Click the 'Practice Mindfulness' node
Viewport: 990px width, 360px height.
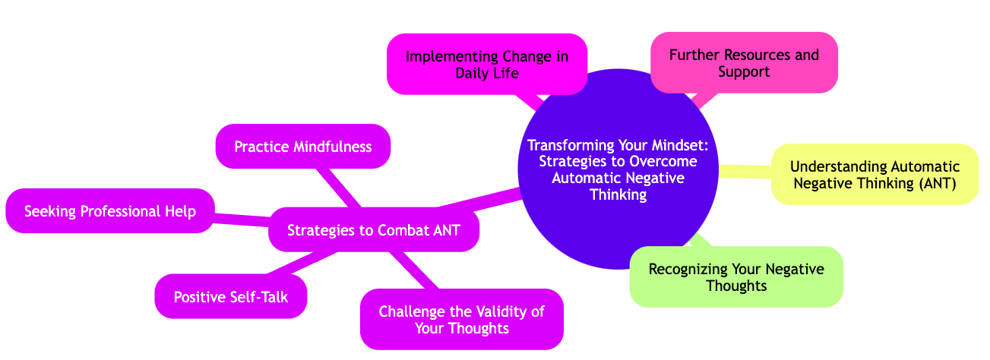click(303, 146)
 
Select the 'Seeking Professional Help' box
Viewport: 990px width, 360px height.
click(110, 210)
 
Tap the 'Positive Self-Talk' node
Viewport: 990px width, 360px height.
click(230, 297)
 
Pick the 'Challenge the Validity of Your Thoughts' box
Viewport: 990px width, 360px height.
click(461, 319)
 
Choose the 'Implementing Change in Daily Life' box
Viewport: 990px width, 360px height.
click(486, 65)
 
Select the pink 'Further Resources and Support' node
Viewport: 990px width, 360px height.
click(744, 63)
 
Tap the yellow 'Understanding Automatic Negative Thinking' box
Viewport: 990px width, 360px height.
click(875, 175)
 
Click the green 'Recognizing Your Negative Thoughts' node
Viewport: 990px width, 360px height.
click(736, 276)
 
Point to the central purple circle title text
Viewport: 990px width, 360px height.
click(618, 169)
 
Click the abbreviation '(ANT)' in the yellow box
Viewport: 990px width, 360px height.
click(934, 183)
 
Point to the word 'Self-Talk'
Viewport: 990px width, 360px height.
click(258, 297)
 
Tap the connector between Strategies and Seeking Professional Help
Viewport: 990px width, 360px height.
click(242, 219)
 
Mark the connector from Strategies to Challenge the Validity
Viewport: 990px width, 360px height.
click(416, 270)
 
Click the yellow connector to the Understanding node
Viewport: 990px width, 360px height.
click(745, 172)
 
